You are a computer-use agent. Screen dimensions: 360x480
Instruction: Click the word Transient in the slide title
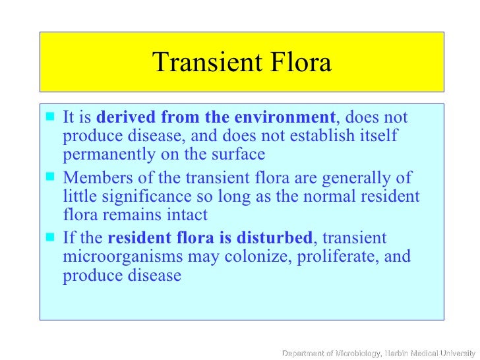(x=206, y=63)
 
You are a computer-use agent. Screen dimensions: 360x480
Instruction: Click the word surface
(x=241, y=155)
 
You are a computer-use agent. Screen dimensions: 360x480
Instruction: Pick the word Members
(x=93, y=178)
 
